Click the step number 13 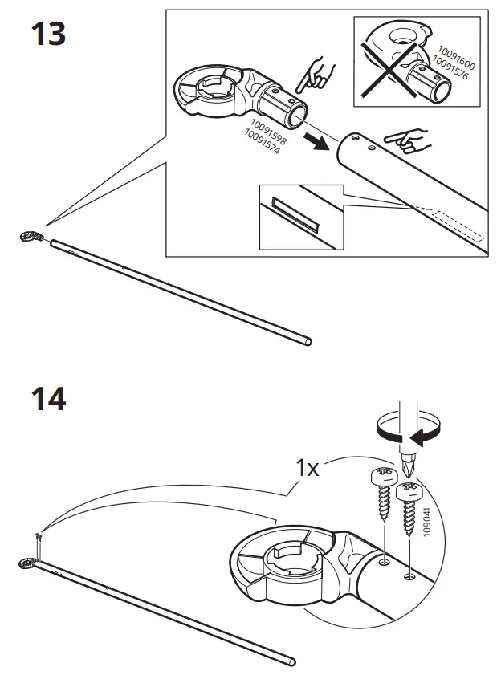click(47, 35)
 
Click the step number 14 click(47, 398)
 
